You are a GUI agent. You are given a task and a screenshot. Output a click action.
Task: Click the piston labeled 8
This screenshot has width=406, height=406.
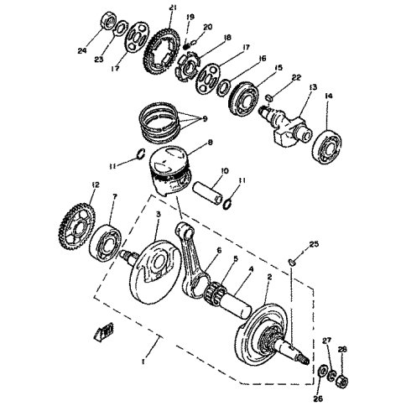pos(170,170)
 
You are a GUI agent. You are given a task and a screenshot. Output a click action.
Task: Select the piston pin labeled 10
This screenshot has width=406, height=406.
pos(208,193)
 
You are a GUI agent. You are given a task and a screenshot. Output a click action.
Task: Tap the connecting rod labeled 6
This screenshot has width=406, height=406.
pos(193,260)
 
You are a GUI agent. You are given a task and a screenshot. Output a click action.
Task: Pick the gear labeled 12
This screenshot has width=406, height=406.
pos(77,226)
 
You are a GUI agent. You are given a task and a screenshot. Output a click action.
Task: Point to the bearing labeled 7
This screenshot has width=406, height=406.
pos(105,242)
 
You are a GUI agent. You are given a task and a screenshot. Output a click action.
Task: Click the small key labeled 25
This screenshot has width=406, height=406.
pos(291,262)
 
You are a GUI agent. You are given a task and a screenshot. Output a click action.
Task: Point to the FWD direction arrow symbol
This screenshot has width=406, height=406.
pos(103,332)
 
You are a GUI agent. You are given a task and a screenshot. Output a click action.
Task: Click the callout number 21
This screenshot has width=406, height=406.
pos(173,8)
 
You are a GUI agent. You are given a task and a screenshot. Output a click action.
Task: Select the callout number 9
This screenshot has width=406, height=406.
pos(205,119)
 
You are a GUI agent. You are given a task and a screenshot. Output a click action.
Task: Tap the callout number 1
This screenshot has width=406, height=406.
pos(143,362)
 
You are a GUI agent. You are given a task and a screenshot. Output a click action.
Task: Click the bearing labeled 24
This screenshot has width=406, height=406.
pos(107,20)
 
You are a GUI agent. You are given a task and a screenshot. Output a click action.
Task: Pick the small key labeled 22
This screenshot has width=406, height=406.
pos(269,98)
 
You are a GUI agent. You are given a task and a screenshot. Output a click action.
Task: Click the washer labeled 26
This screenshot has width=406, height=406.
pos(322,372)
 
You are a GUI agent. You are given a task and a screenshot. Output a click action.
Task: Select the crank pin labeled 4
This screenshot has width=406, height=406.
pos(236,304)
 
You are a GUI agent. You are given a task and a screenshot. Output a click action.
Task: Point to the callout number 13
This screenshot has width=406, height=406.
pos(313,87)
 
